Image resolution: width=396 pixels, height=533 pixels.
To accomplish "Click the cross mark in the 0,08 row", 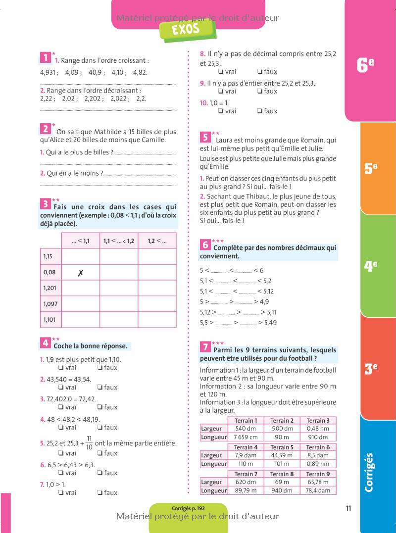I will tap(80, 272).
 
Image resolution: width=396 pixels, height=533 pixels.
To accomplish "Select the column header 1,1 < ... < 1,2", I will tap(119, 241).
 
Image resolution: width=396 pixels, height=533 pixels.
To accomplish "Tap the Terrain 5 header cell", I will tap(282, 447).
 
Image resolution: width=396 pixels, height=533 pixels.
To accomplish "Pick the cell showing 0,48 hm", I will tap(318, 428).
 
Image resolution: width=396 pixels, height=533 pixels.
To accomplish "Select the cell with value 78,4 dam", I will tap(318, 490).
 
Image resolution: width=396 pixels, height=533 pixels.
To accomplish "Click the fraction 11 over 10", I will tap(89, 442).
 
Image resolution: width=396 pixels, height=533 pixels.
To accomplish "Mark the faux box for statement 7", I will tap(100, 492).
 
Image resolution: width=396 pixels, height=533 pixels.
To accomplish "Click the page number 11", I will tap(348, 508).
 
